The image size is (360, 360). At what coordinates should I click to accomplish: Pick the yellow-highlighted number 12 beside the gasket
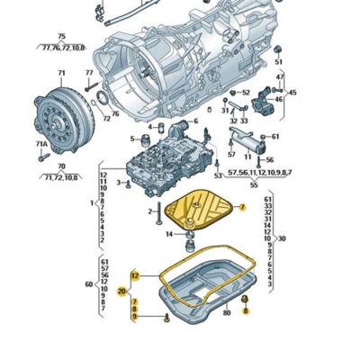(134, 275)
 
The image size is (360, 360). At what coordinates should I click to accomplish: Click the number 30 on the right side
(282, 238)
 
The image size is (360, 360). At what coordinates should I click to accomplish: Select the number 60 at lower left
(87, 283)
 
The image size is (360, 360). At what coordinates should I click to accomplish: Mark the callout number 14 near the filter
(168, 235)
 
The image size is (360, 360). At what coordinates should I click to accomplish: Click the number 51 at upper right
(277, 61)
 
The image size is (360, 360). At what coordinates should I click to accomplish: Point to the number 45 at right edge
(292, 92)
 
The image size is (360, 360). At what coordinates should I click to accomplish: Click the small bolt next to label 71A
(42, 155)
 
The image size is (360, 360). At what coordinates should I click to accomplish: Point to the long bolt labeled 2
(162, 211)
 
